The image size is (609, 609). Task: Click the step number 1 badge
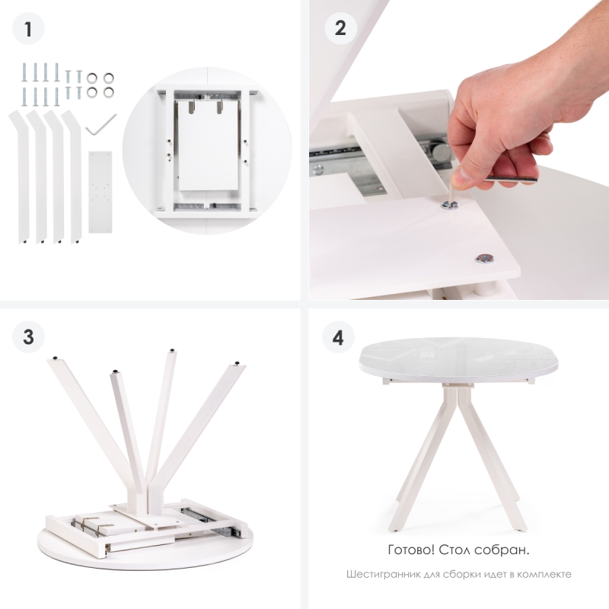(x=28, y=29)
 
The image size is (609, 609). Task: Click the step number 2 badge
(x=340, y=28)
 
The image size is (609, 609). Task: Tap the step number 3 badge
(x=28, y=336)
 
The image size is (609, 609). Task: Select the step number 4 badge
(x=338, y=337)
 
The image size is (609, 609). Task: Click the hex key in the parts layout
(x=101, y=124)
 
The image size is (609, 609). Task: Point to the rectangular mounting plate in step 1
(x=100, y=193)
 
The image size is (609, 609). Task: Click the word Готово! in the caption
(x=411, y=550)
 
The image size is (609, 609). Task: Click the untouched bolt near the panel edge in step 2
(x=484, y=259)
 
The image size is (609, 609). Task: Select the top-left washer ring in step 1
(x=92, y=78)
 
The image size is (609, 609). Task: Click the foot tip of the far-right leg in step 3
(x=238, y=364)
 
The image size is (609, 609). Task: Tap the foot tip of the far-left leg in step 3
(x=55, y=358)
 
